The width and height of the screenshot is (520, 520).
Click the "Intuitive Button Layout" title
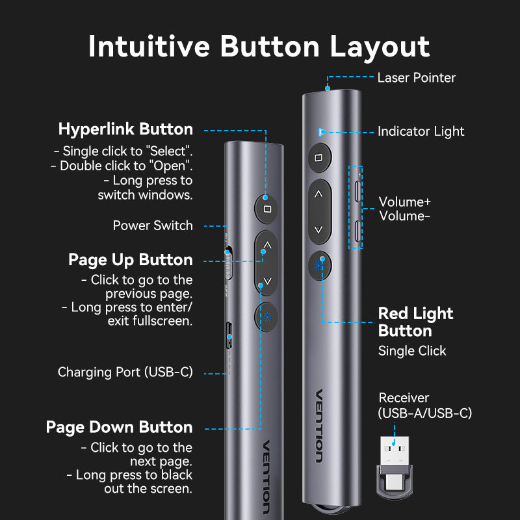tap(259, 47)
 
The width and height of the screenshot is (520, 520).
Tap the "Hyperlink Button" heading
tap(125, 129)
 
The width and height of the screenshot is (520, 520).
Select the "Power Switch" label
tap(153, 226)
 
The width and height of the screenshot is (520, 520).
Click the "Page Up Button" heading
tap(131, 260)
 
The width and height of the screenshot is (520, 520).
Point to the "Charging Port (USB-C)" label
tap(125, 372)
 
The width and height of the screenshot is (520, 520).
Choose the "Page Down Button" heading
tap(119, 427)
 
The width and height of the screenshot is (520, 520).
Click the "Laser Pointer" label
tap(416, 77)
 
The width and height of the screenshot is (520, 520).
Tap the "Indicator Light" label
tap(421, 131)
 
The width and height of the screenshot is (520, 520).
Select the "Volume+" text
tap(405, 201)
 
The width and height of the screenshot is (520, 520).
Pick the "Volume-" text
tap(404, 216)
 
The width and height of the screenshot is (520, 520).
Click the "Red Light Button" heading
tap(415, 322)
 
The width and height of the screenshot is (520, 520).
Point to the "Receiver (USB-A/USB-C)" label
tap(425, 405)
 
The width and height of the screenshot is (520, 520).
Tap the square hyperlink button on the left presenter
tap(266, 209)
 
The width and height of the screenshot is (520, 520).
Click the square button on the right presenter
tap(318, 158)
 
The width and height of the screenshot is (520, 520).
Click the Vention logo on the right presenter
tap(318, 426)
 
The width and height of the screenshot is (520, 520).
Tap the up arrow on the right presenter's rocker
tap(318, 194)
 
